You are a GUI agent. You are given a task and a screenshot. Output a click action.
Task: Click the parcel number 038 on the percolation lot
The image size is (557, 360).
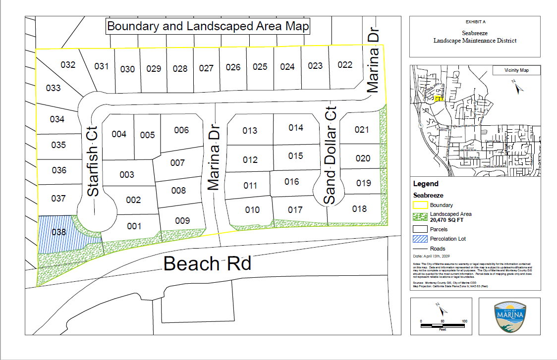(x=58, y=231)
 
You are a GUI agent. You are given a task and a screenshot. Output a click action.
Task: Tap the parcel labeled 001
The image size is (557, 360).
(x=134, y=226)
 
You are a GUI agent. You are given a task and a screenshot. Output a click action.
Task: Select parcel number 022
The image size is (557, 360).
(x=345, y=65)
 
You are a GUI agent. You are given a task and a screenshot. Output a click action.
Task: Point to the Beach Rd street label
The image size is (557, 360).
(x=207, y=263)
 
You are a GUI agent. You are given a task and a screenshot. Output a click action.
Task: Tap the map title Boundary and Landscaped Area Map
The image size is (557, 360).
(x=208, y=26)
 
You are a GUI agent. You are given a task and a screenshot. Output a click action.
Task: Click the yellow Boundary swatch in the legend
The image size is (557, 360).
(x=420, y=205)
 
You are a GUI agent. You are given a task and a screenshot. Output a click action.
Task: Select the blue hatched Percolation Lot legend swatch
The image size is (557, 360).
(x=420, y=239)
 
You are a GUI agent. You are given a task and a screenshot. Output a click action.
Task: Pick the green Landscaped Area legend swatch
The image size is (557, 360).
(x=420, y=217)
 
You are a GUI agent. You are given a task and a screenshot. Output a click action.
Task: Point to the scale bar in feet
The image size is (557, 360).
(x=443, y=324)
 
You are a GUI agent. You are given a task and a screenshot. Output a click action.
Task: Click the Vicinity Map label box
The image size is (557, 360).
(x=516, y=71)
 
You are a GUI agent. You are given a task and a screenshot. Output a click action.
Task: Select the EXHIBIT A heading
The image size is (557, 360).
(x=476, y=23)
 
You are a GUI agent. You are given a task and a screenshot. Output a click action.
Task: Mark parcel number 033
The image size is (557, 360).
(x=53, y=88)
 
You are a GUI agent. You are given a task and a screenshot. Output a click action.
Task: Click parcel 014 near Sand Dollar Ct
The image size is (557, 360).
(x=296, y=128)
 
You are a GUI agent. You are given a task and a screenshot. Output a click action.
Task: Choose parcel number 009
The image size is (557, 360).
(x=182, y=220)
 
